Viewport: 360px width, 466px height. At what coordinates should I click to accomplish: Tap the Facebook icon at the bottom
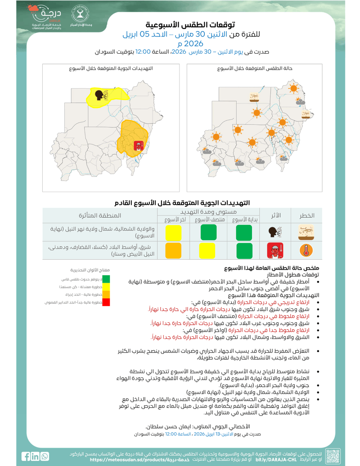(27, 456)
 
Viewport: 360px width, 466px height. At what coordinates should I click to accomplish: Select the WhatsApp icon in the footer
(45, 456)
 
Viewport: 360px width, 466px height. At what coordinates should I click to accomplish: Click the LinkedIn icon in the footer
(36, 456)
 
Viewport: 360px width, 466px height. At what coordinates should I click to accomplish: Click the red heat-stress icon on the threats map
(139, 145)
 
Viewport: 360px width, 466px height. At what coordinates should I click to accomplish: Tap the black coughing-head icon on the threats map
(98, 95)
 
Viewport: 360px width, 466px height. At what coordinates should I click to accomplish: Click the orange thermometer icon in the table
(306, 250)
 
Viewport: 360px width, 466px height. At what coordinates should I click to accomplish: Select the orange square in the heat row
(173, 250)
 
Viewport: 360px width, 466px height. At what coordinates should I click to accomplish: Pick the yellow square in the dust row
(173, 232)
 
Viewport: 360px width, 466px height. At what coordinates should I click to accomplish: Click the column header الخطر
(307, 216)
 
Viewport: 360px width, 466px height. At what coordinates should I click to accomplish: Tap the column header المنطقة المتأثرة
(100, 216)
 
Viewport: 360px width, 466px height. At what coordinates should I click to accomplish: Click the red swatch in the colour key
(106, 302)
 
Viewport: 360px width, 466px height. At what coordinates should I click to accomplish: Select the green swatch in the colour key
(106, 280)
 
